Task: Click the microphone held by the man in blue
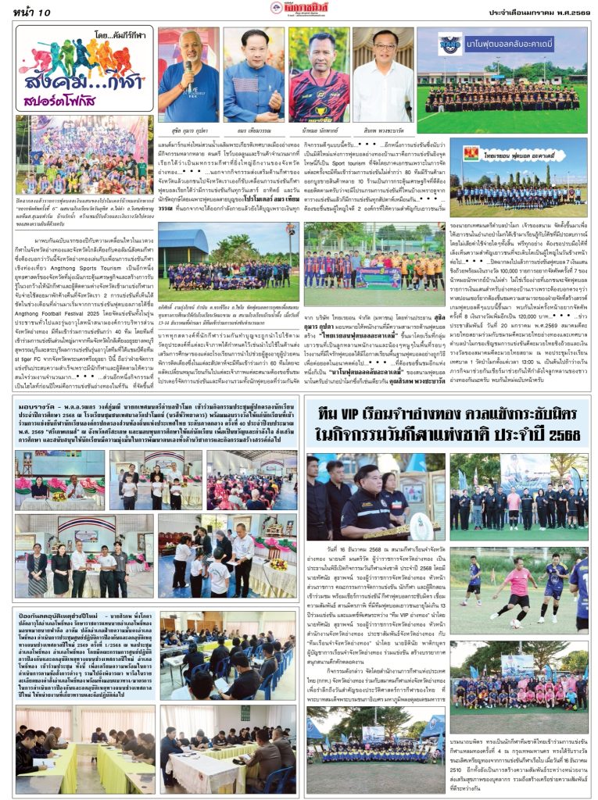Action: pyautogui.click(x=187, y=66)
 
